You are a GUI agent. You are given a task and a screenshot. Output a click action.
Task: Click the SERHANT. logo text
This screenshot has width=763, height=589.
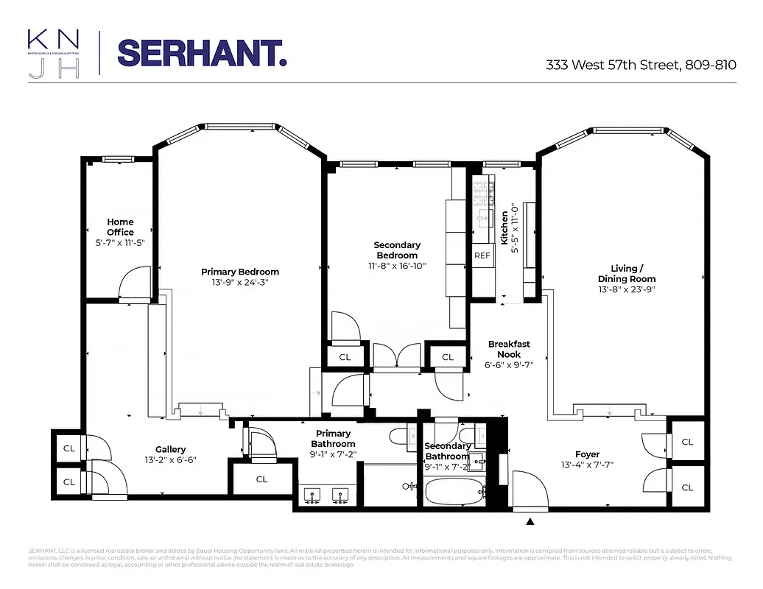tap(202, 53)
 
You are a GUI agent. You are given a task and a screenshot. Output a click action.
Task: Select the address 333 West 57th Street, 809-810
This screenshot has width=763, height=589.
tap(641, 65)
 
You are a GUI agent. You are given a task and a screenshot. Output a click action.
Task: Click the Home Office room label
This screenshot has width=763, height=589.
tap(120, 227)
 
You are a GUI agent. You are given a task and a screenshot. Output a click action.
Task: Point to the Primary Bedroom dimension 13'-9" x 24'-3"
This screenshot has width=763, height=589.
tap(240, 282)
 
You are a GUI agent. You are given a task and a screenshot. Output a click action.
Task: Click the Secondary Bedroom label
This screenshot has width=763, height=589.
tap(397, 250)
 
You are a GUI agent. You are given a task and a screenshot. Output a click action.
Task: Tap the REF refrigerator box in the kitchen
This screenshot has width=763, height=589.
tap(482, 255)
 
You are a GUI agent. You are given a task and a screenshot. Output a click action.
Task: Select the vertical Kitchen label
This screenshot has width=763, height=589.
tap(504, 228)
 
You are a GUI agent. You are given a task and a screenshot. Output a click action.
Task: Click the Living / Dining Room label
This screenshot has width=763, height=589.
tap(627, 273)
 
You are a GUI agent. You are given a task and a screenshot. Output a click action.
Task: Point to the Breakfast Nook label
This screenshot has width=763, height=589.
tap(508, 349)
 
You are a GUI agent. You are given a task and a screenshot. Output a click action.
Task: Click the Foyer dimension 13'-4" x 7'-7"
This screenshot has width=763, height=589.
tap(588, 465)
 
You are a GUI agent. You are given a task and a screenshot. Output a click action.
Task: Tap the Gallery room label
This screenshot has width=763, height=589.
tap(170, 449)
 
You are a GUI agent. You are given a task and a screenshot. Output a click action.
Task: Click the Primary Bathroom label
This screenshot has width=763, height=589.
tap(333, 439)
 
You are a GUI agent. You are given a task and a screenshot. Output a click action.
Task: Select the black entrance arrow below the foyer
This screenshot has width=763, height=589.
tap(530, 522)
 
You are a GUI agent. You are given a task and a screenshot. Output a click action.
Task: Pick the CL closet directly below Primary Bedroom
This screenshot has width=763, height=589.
tap(261, 479)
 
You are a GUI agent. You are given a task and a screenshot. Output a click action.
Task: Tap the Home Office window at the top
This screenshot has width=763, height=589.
tap(117, 158)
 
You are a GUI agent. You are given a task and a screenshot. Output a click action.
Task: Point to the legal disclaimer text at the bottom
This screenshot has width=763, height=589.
tap(381, 557)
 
